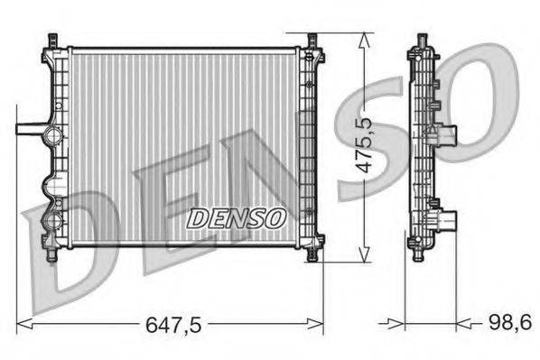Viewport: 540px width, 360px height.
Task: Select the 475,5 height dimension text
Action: (366, 148)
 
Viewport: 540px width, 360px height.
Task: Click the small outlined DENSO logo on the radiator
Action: (237, 217)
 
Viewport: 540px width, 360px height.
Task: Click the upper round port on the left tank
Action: (52, 137)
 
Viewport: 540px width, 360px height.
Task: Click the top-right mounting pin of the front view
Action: (312, 42)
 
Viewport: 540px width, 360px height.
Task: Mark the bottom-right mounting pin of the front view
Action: (312, 254)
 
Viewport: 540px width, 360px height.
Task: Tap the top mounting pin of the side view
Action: (422, 41)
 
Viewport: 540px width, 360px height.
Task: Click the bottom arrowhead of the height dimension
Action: (363, 256)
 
